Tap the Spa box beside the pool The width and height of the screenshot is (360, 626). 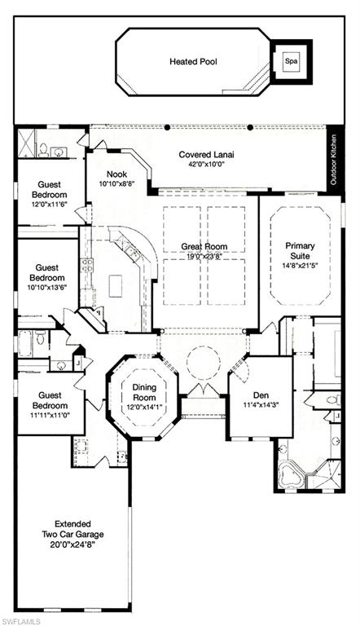click(x=290, y=60)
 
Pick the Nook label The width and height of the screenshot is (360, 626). click(x=116, y=174)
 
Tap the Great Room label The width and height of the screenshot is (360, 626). click(x=204, y=247)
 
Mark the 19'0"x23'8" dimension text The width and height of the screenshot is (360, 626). click(x=204, y=257)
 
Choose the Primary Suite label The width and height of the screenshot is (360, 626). click(x=300, y=249)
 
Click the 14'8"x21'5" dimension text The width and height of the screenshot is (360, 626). click(x=300, y=264)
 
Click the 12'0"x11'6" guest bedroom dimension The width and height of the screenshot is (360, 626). click(x=49, y=205)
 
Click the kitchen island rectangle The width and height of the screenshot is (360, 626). click(x=116, y=285)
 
